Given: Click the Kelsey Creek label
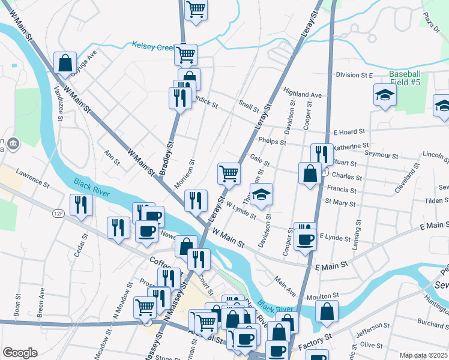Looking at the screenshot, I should point(153,46).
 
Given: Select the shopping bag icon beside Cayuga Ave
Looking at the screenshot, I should point(65,62).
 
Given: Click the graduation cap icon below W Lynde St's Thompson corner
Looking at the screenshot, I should point(261,194).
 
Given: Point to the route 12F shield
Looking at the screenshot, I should point(58,213).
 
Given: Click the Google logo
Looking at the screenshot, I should point(20,353).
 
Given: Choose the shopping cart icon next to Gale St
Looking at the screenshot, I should point(229,173).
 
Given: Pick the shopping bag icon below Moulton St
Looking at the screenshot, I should point(326,311).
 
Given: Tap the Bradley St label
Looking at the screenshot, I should point(166,158).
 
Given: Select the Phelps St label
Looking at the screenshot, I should point(270,142).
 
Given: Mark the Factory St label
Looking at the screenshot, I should point(315,340).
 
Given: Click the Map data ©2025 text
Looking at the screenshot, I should point(423,355).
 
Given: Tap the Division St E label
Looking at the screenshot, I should point(354,75).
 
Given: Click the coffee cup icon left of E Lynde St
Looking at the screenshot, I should point(305,239).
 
